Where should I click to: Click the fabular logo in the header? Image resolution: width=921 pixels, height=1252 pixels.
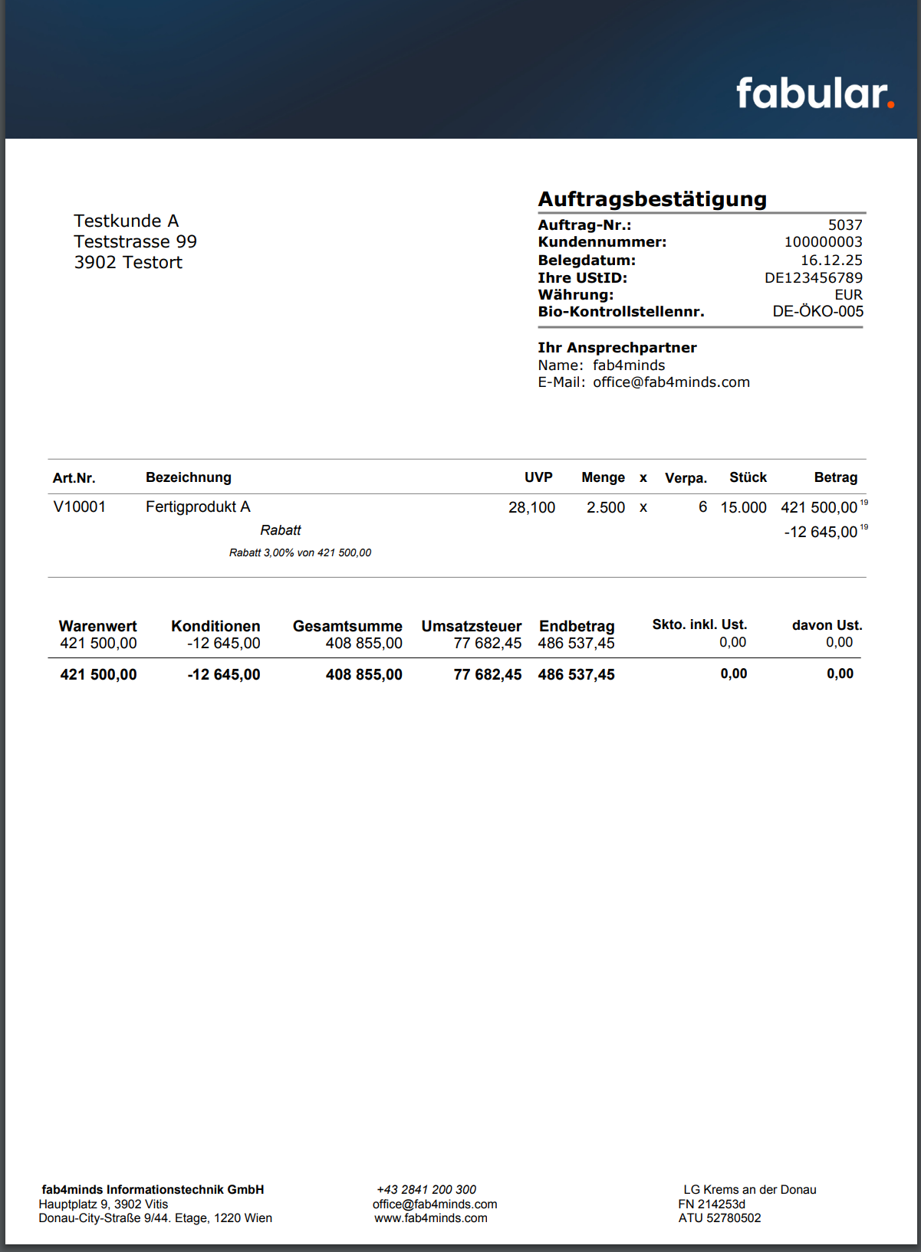pyautogui.click(x=814, y=93)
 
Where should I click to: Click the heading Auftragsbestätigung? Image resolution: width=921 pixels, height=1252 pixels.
pyautogui.click(x=652, y=199)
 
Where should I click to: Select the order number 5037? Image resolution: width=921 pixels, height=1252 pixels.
pyautogui.click(x=845, y=225)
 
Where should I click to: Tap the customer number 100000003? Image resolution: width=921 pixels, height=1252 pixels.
pyautogui.click(x=823, y=242)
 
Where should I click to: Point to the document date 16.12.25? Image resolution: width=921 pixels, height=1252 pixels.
pyautogui.click(x=831, y=261)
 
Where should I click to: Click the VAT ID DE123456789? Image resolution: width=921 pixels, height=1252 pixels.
pyautogui.click(x=813, y=278)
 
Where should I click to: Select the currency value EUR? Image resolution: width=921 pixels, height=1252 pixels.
pyautogui.click(x=848, y=295)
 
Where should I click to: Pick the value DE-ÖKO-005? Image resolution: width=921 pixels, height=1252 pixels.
pyautogui.click(x=817, y=312)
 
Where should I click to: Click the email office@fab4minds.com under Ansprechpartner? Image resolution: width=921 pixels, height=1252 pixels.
pyautogui.click(x=671, y=382)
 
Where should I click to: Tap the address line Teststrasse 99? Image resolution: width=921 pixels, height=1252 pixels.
pyautogui.click(x=135, y=242)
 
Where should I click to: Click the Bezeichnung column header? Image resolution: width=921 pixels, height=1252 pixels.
pyautogui.click(x=189, y=477)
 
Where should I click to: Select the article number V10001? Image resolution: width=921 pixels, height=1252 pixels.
pyautogui.click(x=80, y=506)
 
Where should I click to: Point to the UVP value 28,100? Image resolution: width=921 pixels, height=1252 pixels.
pyautogui.click(x=531, y=507)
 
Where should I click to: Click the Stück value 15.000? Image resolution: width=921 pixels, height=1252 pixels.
pyautogui.click(x=743, y=507)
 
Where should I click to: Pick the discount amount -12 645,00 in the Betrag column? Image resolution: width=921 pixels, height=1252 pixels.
pyautogui.click(x=821, y=532)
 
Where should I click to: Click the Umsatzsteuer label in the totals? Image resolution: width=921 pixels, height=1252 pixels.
pyautogui.click(x=471, y=627)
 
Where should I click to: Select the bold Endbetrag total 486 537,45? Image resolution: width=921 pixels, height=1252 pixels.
pyautogui.click(x=576, y=675)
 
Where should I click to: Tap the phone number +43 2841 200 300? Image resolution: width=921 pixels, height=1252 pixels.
pyautogui.click(x=426, y=1190)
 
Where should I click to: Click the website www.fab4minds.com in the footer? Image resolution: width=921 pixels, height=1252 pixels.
pyautogui.click(x=431, y=1218)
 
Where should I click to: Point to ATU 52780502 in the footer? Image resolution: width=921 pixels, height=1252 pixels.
pyautogui.click(x=719, y=1218)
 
